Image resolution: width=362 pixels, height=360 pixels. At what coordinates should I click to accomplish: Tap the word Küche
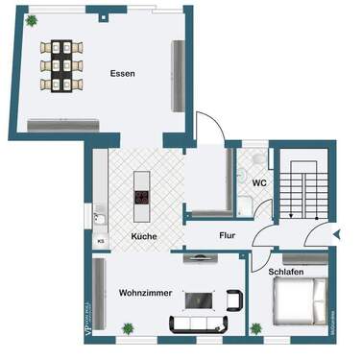[143, 236]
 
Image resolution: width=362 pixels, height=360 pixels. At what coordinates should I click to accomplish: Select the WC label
[258, 182]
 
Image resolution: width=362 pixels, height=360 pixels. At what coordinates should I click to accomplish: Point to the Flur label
[227, 234]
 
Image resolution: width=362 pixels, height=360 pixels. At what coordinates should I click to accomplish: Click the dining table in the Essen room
[61, 64]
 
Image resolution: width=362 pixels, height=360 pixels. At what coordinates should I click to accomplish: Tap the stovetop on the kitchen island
[142, 199]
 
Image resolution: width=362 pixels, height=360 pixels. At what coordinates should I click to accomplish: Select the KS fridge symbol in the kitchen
[101, 242]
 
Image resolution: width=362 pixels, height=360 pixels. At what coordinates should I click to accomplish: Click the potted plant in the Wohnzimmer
[128, 329]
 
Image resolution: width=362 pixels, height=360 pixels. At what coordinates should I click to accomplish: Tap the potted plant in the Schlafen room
[256, 328]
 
